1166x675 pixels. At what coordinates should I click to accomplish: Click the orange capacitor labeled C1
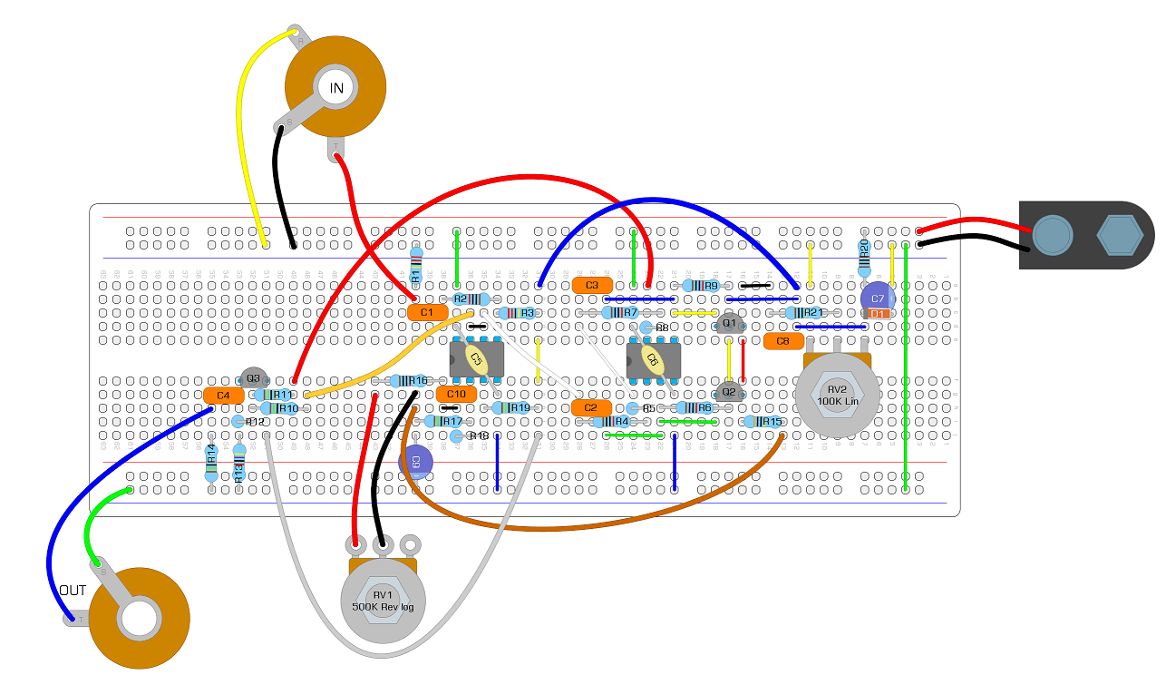(427, 312)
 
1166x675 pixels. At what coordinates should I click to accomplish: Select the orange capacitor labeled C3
(592, 285)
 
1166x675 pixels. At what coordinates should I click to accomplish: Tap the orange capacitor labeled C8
(783, 341)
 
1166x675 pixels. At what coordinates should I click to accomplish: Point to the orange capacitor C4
(223, 396)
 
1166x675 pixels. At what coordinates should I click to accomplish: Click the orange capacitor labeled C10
(456, 394)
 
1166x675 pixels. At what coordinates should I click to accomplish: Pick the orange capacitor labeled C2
(591, 407)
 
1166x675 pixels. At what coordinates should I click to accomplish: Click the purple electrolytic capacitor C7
(877, 298)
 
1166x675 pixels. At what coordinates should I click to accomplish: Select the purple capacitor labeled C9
(415, 462)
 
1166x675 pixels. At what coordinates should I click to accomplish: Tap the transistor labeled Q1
(729, 323)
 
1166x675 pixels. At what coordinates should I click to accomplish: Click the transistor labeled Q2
(727, 392)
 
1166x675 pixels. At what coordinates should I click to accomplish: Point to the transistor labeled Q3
(253, 378)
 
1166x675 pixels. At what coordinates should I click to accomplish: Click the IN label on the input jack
(336, 88)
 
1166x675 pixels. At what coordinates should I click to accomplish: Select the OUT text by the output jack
(73, 591)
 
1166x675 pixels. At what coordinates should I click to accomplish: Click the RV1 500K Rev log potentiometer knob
(383, 601)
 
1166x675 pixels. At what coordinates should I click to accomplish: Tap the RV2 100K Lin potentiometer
(837, 396)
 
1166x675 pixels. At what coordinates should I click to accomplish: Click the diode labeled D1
(878, 314)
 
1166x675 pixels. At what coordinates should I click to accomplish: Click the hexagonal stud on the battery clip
(1119, 234)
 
